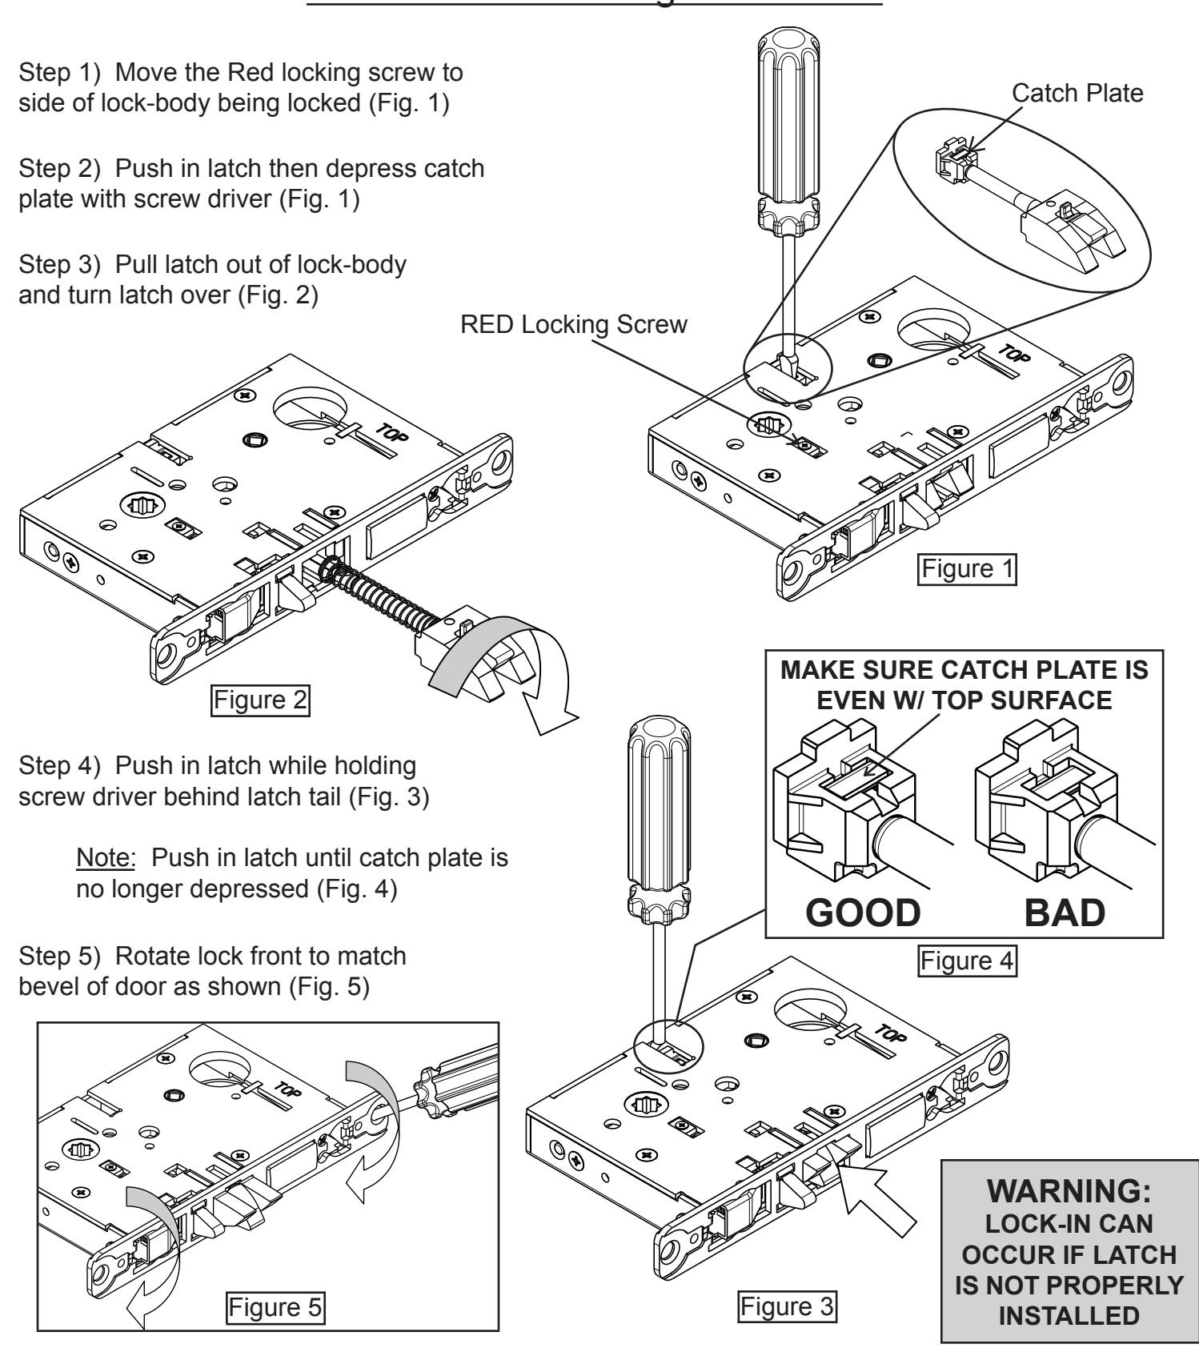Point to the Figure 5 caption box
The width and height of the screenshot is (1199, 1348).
[275, 1309]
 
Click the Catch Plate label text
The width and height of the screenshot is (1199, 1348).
[1077, 94]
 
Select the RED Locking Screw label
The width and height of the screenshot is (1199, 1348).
[574, 325]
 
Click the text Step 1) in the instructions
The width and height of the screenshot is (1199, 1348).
[60, 73]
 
